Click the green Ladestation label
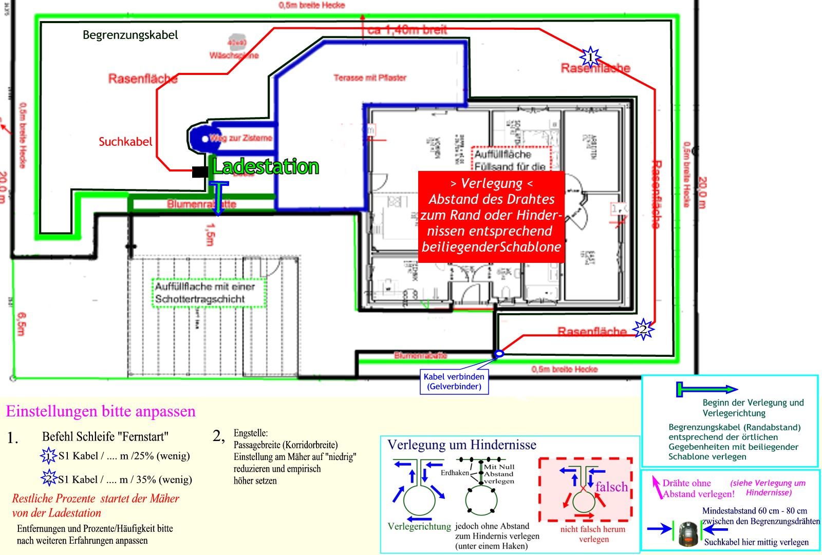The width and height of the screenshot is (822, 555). coord(266,167)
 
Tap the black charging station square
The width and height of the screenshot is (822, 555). coord(199,172)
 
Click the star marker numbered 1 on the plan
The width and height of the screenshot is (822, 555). coord(590,56)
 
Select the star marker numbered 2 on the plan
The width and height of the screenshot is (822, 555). coord(643,329)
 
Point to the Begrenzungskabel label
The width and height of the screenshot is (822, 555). coord(130,35)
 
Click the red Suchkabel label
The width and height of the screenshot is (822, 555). coord(125,142)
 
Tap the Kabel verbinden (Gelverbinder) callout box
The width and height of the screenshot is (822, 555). coord(454,381)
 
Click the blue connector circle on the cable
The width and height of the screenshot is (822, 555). coord(498,354)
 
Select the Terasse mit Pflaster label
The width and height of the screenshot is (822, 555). coord(370,78)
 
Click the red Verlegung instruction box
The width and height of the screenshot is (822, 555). coord(491,216)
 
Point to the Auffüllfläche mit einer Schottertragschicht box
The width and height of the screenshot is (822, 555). coord(208,293)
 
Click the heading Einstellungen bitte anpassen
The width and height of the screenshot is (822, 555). coord(101,411)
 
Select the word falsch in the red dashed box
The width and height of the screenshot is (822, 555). coord(611,487)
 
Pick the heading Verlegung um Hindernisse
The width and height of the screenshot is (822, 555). coord(461,445)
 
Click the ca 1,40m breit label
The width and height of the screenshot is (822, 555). coord(407,30)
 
